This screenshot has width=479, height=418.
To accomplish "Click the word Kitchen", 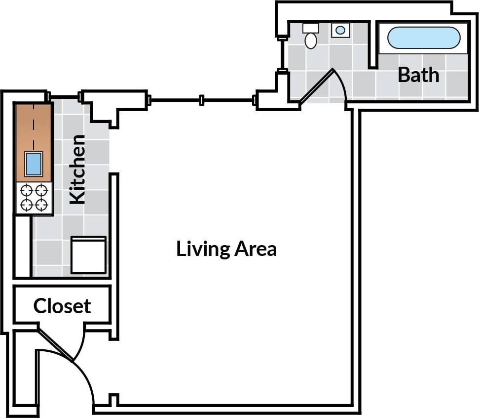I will [x=77, y=169].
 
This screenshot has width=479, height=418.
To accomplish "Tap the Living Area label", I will [x=226, y=249].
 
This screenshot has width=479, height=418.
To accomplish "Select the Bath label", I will [x=418, y=75].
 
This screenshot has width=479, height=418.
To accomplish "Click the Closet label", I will [x=62, y=306].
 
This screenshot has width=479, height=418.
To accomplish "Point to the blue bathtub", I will [x=424, y=38].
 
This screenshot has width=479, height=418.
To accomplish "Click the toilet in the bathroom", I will [x=311, y=37].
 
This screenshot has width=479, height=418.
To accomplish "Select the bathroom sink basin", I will [x=340, y=30].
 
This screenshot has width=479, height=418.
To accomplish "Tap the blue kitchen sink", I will [x=33, y=164].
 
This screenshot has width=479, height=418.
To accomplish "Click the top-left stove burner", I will [x=26, y=190].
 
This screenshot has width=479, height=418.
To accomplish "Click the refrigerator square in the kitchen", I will [x=88, y=255].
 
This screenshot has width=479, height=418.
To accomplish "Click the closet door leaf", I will [x=56, y=343].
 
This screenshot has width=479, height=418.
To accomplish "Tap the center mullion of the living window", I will [x=201, y=100].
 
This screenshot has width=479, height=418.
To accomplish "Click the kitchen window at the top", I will [x=65, y=96].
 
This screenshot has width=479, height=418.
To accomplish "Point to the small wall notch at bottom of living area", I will [x=114, y=398].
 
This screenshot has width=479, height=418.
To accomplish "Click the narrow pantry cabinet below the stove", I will [x=22, y=246].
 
